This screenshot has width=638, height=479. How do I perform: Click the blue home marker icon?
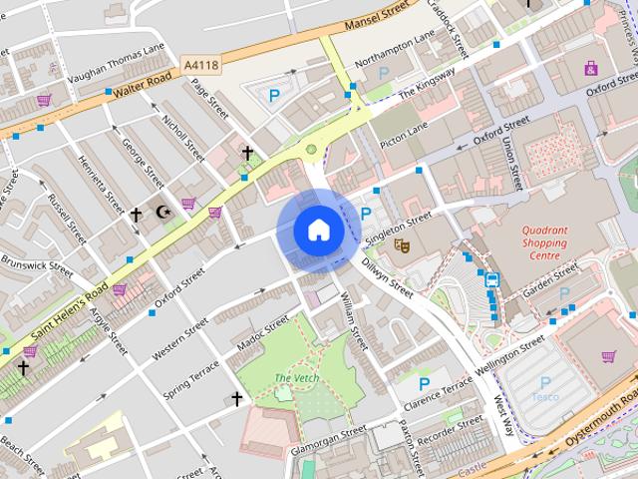318,232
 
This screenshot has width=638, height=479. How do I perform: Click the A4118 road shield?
201,65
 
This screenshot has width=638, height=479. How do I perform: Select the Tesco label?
544,396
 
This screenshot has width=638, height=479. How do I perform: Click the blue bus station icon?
492,280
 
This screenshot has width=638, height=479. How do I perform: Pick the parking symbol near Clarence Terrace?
425,383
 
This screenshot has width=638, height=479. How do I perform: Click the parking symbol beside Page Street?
274,96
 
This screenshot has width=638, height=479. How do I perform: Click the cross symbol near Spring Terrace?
237,399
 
